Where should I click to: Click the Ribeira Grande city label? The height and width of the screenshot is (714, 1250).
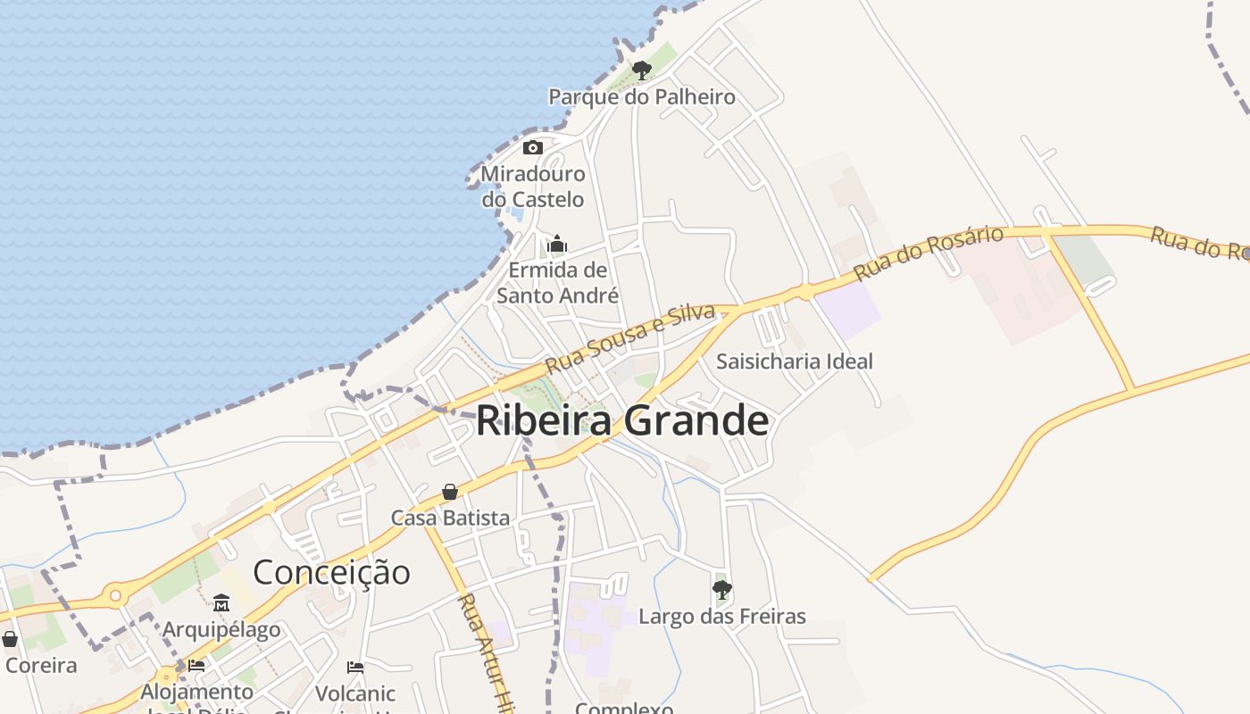point(621,420)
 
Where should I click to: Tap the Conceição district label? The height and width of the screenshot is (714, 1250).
point(331,572)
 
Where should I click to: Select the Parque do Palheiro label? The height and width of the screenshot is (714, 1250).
point(641,96)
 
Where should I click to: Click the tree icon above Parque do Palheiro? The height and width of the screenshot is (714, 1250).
point(641,70)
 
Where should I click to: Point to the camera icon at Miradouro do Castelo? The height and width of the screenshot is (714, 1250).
point(533,147)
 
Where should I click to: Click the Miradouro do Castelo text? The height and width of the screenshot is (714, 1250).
point(533,187)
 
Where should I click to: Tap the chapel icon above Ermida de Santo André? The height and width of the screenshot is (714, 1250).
point(557,244)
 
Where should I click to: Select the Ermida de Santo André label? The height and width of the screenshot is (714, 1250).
point(557,282)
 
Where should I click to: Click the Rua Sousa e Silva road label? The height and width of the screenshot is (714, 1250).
point(630,338)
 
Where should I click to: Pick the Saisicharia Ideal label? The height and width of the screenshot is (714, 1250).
point(795,361)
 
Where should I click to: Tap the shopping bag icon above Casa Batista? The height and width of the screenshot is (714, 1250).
point(450,492)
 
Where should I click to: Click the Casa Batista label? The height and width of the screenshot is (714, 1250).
point(450,518)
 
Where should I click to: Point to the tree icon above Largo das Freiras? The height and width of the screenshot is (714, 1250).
point(721,589)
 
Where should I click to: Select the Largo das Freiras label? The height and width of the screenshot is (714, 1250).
point(721,617)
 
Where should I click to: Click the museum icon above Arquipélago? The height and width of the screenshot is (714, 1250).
point(221,602)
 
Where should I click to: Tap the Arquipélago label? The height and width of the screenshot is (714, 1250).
point(221,629)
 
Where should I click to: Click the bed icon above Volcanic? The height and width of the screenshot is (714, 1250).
point(355,667)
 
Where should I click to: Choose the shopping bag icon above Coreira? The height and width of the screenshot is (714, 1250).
point(10,639)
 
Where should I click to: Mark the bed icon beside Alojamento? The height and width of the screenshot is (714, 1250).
point(196,665)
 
